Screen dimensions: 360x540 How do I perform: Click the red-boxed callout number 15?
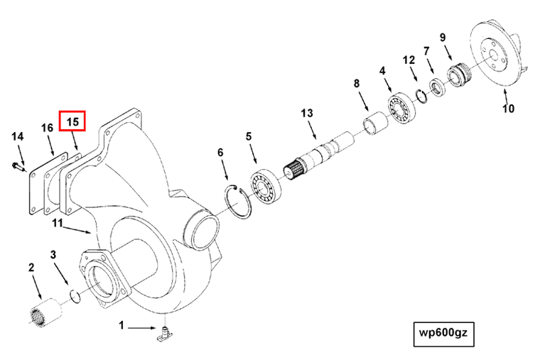coord(72,121)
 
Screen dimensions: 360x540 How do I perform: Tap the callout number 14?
coord(18,136)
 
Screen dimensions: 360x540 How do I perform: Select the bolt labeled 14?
coord(17,167)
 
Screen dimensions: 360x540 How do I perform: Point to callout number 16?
coord(47,128)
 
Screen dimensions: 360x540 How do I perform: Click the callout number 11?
coord(58,224)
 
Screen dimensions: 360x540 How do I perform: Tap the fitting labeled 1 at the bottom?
coord(166,333)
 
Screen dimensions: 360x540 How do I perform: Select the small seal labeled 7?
coord(436,87)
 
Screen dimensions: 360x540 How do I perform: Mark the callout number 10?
coord(508,109)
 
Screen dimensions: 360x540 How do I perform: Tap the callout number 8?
coord(357,84)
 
